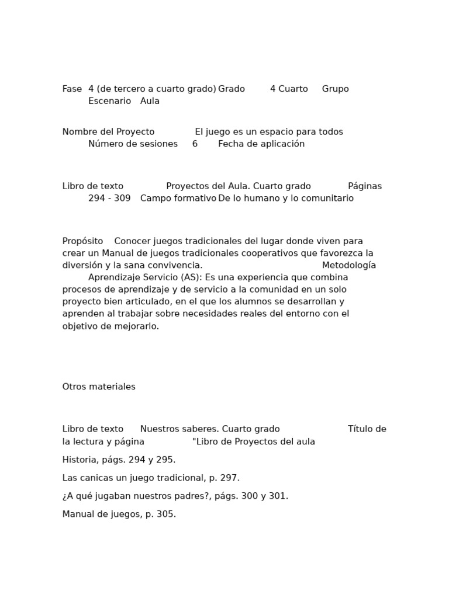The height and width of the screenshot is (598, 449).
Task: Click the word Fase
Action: coord(72,89)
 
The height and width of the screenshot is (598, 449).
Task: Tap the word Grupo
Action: coord(335,89)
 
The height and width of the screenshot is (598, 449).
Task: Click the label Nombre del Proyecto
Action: coord(108,132)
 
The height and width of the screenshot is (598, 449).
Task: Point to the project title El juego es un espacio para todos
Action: coord(269,132)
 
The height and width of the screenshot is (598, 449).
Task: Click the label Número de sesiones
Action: coord(133,144)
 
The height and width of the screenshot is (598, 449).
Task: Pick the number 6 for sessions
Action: coord(195,144)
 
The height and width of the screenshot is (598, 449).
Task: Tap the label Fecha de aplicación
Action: coord(261,144)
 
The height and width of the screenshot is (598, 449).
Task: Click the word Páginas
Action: coord(365,186)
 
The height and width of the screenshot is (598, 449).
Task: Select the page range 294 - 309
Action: coord(109,199)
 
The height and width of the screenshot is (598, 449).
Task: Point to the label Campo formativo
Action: coord(178,199)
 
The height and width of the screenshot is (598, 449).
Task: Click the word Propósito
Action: coord(82,241)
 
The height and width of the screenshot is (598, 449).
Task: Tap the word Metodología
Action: coord(349,266)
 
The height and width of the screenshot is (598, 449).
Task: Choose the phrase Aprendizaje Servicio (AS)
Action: coord(144,277)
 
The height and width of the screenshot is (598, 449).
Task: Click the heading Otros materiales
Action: coord(99,387)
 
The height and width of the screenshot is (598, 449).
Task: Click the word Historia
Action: coord(79,460)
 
